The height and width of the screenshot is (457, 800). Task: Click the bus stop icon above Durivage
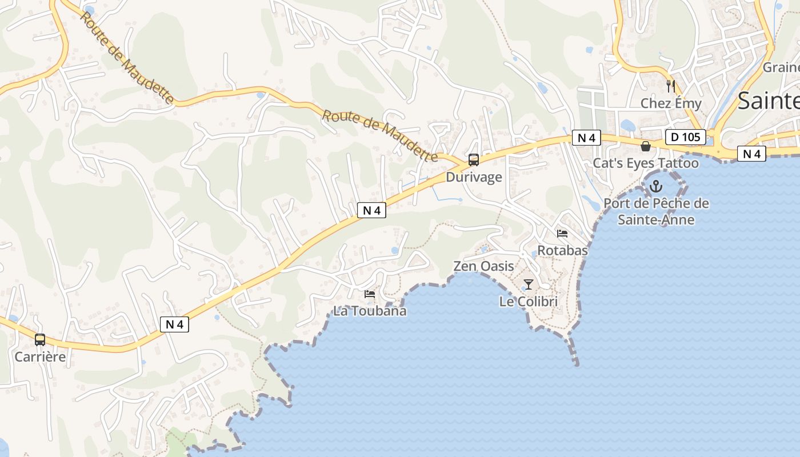(474, 160)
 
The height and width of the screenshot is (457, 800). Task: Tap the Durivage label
(474, 177)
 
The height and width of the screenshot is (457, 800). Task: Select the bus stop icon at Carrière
(40, 340)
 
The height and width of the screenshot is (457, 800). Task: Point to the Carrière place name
(40, 357)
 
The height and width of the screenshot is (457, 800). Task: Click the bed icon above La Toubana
(370, 294)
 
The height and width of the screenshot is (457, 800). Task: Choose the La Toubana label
(370, 311)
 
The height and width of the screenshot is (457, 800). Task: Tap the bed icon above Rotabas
(562, 234)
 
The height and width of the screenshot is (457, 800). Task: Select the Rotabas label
(562, 250)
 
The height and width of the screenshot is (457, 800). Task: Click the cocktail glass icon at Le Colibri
(529, 284)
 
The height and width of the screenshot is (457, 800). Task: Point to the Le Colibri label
(529, 302)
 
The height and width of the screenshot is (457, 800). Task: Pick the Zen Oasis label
(483, 266)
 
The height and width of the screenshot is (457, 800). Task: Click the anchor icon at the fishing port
(656, 186)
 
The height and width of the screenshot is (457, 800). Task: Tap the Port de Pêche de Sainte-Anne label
(656, 211)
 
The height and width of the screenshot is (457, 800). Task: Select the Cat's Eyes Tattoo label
(646, 163)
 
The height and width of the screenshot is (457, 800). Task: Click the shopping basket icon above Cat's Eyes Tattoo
(646, 147)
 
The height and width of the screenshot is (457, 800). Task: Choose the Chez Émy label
(671, 103)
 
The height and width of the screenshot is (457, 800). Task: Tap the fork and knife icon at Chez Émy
(671, 86)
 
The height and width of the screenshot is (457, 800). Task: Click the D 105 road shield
(686, 137)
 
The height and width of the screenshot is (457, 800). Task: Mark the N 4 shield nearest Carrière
(174, 324)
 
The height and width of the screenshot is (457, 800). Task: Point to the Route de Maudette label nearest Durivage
(380, 136)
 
